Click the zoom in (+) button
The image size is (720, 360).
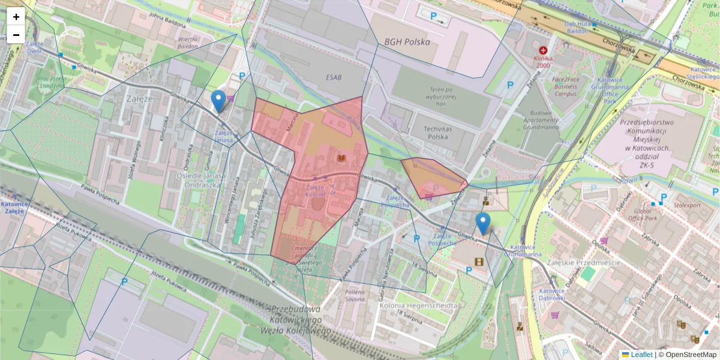(x=16, y=17)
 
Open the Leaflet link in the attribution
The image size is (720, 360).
(x=637, y=355)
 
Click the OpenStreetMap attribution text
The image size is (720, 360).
(x=688, y=355)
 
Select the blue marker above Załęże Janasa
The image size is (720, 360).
(x=219, y=101)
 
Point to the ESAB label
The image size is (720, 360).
(x=334, y=77)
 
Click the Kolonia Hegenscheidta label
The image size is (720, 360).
(x=419, y=305)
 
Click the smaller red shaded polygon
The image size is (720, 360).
(x=431, y=175)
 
